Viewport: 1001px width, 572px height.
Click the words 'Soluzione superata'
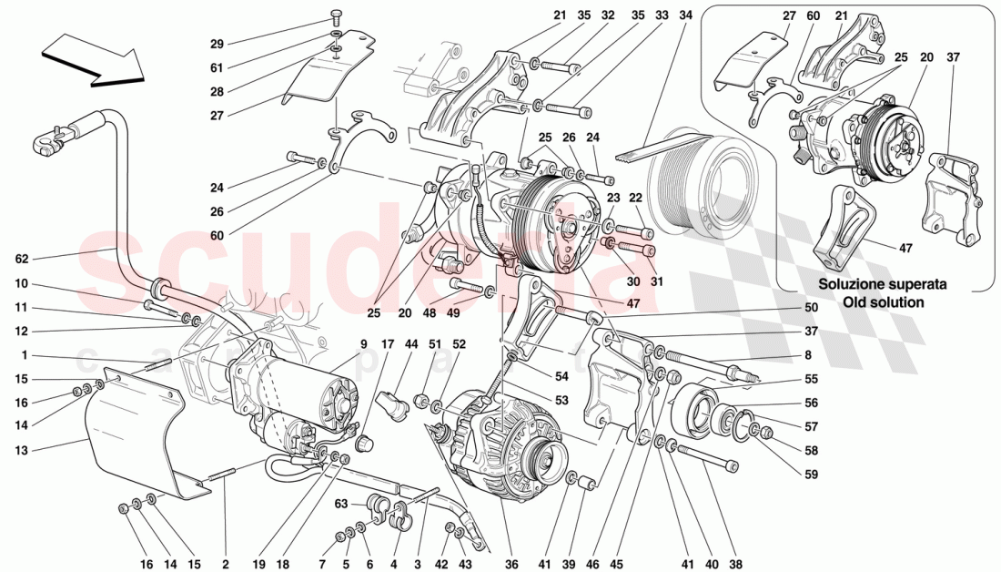[x=882, y=284]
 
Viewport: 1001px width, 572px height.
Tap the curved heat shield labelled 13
[x=136, y=437]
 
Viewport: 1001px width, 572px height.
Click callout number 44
[x=412, y=344]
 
